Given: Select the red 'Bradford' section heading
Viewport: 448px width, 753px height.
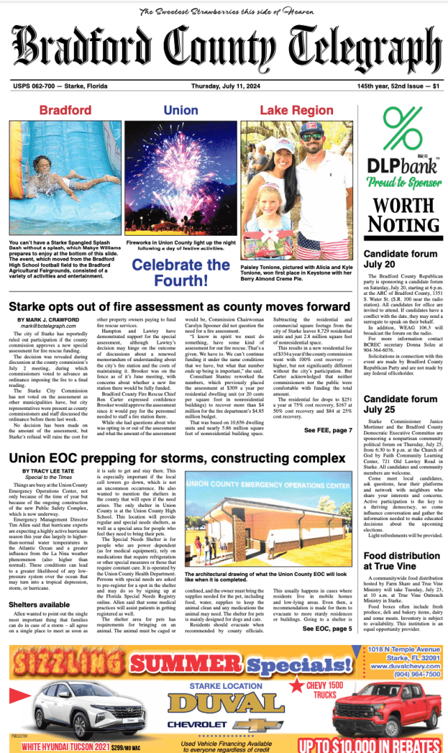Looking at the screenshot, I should point(65,110).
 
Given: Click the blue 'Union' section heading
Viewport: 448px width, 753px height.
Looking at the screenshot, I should point(180,110).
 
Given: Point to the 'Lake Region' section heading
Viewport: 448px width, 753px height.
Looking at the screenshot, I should point(296,110).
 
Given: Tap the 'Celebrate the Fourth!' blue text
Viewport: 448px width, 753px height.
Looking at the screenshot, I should point(181,273).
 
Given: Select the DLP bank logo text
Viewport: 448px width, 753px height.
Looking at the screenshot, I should point(402,165).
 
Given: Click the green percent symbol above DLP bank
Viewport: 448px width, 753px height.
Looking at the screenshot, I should point(403,128).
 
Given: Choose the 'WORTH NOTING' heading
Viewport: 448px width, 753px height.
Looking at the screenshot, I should point(403,214).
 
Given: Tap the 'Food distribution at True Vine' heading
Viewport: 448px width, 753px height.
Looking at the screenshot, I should point(399,566).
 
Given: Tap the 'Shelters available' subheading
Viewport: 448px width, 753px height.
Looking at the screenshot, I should point(40,604).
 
